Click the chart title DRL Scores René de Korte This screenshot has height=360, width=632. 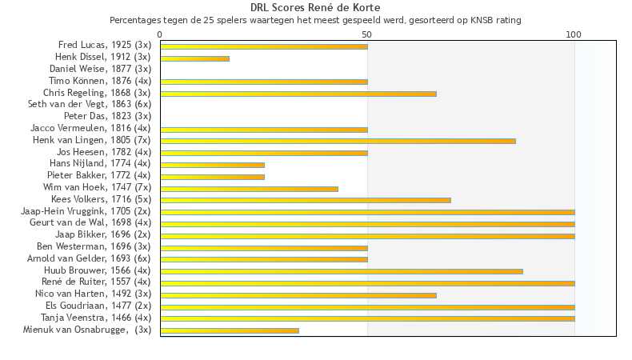pos(315,8)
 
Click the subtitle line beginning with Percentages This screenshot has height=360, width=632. pos(315,19)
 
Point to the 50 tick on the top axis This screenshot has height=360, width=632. pos(367,34)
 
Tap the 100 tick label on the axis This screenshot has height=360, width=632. pos(574,34)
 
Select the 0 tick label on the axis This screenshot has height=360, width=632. pos(160,34)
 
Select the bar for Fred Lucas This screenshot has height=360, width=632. pos(264,46)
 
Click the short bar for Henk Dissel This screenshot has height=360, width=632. pos(194,58)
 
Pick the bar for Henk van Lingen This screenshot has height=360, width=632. pos(338,141)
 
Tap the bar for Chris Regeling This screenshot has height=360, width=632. pos(298,94)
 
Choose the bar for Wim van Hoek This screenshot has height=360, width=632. pos(249,189)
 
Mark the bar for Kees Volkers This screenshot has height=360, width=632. pos(306,200)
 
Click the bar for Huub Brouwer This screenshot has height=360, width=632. pos(342,271)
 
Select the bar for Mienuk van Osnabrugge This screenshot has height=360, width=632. pos(230,330)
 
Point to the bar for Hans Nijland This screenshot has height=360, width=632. pos(212,165)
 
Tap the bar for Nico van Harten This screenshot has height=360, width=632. pos(298,295)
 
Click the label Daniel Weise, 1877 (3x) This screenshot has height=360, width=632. pos(100,69)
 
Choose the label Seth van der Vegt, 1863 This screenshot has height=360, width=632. pos(90,104)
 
